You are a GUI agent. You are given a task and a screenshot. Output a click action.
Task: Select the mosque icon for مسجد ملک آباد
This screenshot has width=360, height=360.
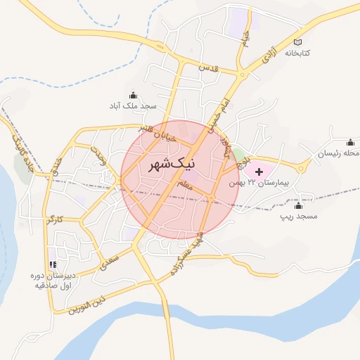(133, 95)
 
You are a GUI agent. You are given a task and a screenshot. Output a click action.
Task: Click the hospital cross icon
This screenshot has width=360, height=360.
(258, 172)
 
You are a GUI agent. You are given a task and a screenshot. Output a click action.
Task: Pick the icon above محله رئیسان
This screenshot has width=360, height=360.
(351, 142)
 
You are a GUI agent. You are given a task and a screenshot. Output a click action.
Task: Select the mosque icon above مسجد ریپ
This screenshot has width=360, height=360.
(298, 205)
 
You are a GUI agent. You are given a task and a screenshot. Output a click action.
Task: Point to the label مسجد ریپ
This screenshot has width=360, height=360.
(298, 216)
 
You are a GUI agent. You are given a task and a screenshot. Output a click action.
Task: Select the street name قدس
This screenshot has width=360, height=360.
(210, 68)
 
